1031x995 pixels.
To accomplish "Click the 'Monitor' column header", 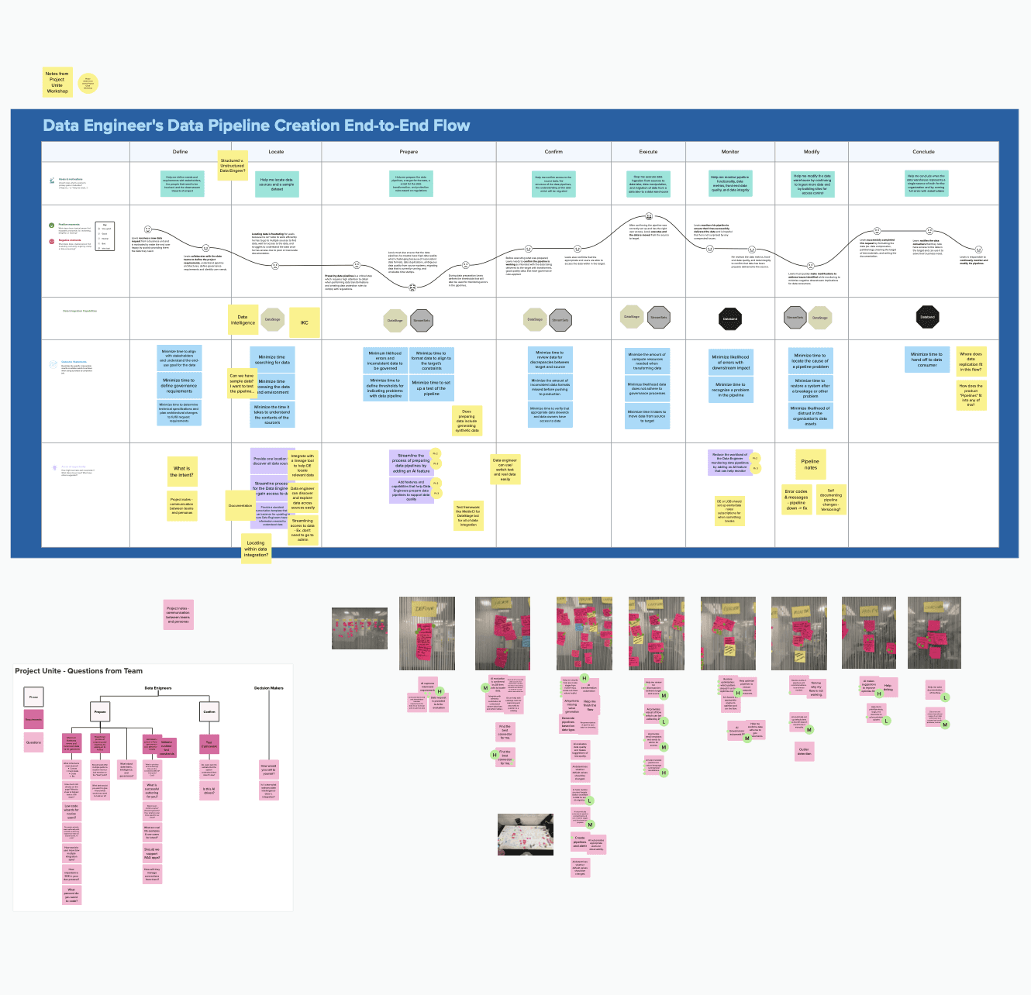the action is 730,152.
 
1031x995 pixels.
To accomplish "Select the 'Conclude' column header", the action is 923,152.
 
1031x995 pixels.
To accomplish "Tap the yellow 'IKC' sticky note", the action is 304,322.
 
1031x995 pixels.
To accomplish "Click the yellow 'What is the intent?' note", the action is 181,471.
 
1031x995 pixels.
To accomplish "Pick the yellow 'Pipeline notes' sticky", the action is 810,464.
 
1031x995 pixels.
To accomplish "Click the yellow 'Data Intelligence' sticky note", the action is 243,319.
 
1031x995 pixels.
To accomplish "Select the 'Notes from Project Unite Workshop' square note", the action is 57,82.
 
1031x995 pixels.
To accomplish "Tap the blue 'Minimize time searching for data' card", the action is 272,360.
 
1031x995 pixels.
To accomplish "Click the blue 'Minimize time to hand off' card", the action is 926,360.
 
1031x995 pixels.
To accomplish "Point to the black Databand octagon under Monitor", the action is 730,318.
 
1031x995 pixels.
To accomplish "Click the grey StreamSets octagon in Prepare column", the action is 422,320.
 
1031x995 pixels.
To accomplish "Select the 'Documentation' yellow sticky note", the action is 240,505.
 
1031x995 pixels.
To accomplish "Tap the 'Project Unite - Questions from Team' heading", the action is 79,671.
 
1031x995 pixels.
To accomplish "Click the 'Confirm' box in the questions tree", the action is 209,711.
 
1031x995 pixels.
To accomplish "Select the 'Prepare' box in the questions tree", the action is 100,711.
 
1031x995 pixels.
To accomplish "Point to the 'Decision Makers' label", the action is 269,688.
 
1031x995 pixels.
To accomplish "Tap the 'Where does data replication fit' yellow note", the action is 971,361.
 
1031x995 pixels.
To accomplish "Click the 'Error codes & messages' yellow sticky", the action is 796,500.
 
